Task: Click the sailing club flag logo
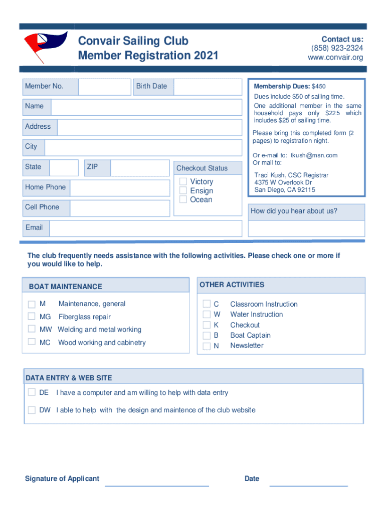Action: pos(45,45)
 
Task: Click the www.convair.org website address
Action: pos(335,58)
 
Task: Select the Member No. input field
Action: pos(104,87)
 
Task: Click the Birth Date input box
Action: pos(206,87)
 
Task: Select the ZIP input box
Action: pos(140,168)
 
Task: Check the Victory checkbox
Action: pos(183,182)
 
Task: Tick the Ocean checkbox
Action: pos(183,199)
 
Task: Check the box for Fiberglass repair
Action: pos(32,317)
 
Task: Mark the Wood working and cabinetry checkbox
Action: pos(32,342)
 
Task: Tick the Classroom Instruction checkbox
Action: pos(207,304)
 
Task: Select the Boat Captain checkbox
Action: pos(207,336)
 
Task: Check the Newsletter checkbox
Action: pos(207,346)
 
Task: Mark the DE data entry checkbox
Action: pos(32,392)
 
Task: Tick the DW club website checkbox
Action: pos(32,410)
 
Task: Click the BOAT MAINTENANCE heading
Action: pos(65,287)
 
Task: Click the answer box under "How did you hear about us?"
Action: pos(306,228)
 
